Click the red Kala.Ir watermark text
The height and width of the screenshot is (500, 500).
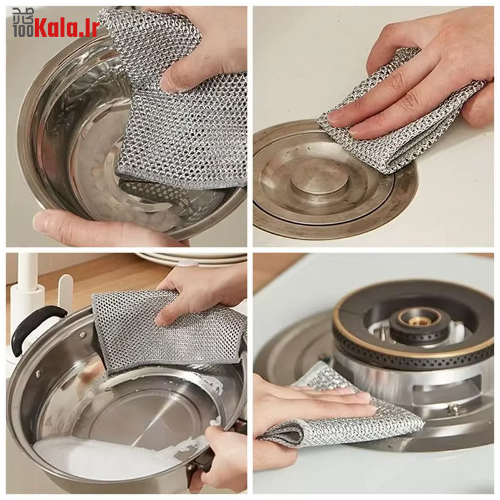click(66, 27)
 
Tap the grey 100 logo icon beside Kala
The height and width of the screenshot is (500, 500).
click(23, 22)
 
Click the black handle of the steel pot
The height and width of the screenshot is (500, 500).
click(34, 329)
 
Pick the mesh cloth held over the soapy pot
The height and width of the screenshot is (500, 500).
click(166, 332)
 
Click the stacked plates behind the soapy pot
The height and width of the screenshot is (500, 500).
click(191, 259)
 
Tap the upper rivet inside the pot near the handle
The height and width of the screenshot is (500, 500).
click(83, 334)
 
